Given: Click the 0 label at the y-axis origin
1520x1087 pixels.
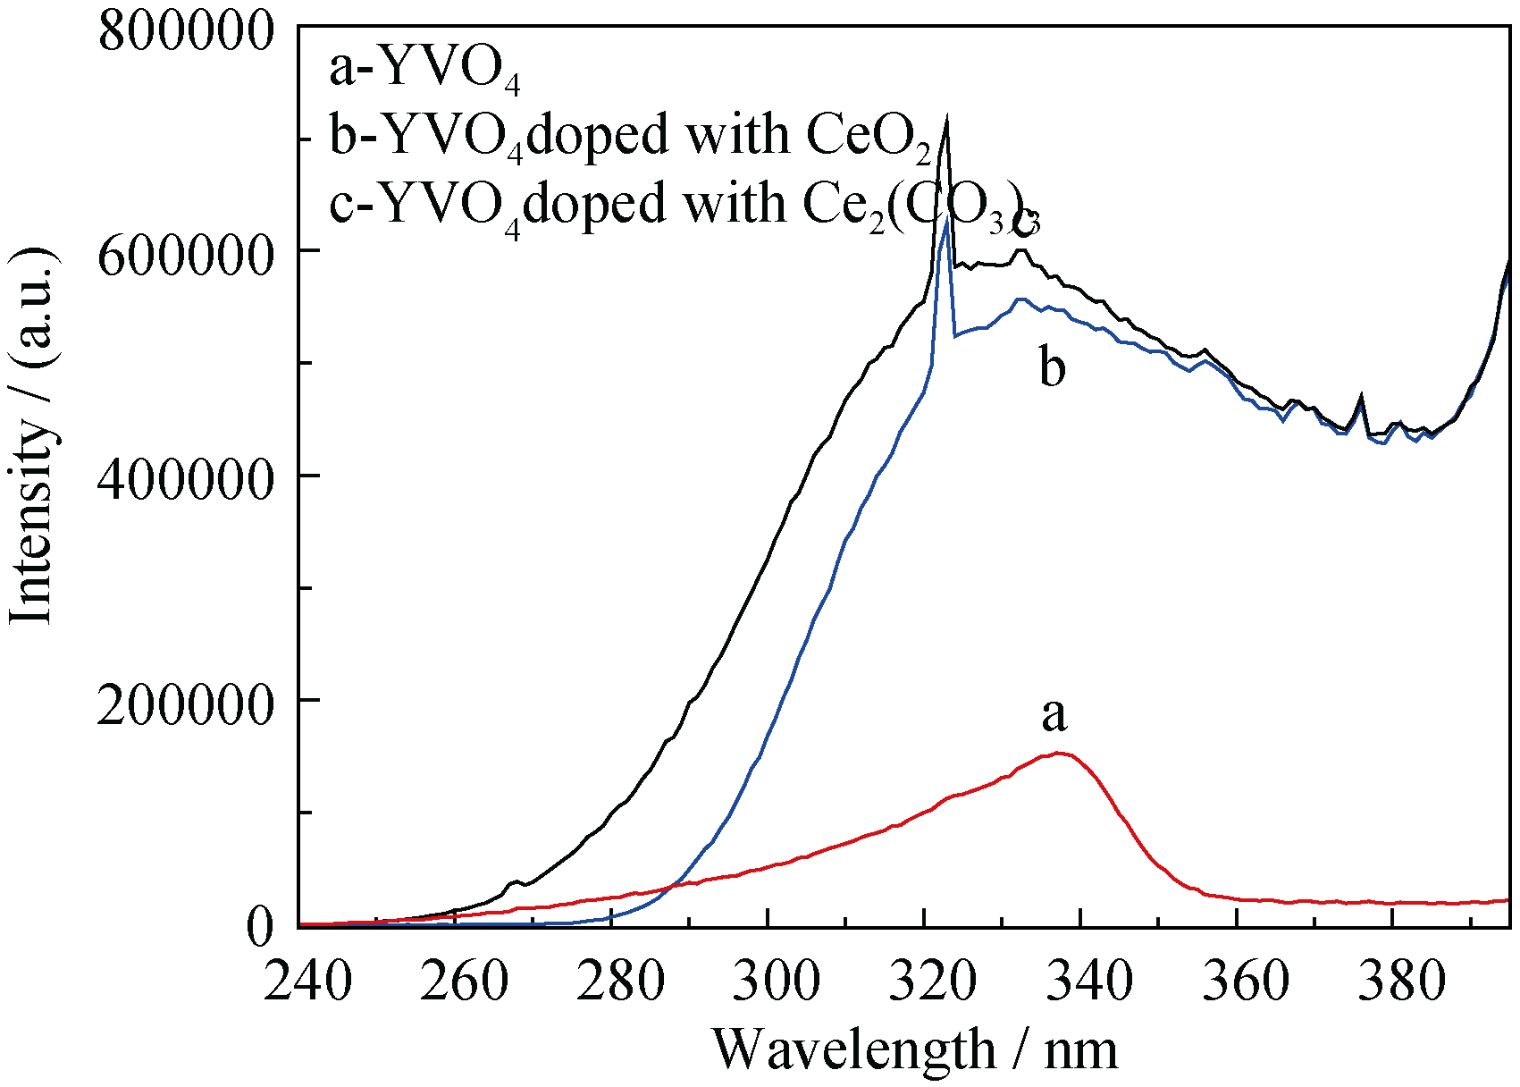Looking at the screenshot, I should coord(259,928).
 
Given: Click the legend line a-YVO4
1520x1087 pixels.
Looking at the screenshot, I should coord(424,70).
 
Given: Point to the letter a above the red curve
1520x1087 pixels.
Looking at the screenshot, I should coord(1054,714).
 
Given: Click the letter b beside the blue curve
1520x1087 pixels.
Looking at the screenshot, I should coord(1053,367).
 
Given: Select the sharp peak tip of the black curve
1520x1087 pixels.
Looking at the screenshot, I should coord(946,117).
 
